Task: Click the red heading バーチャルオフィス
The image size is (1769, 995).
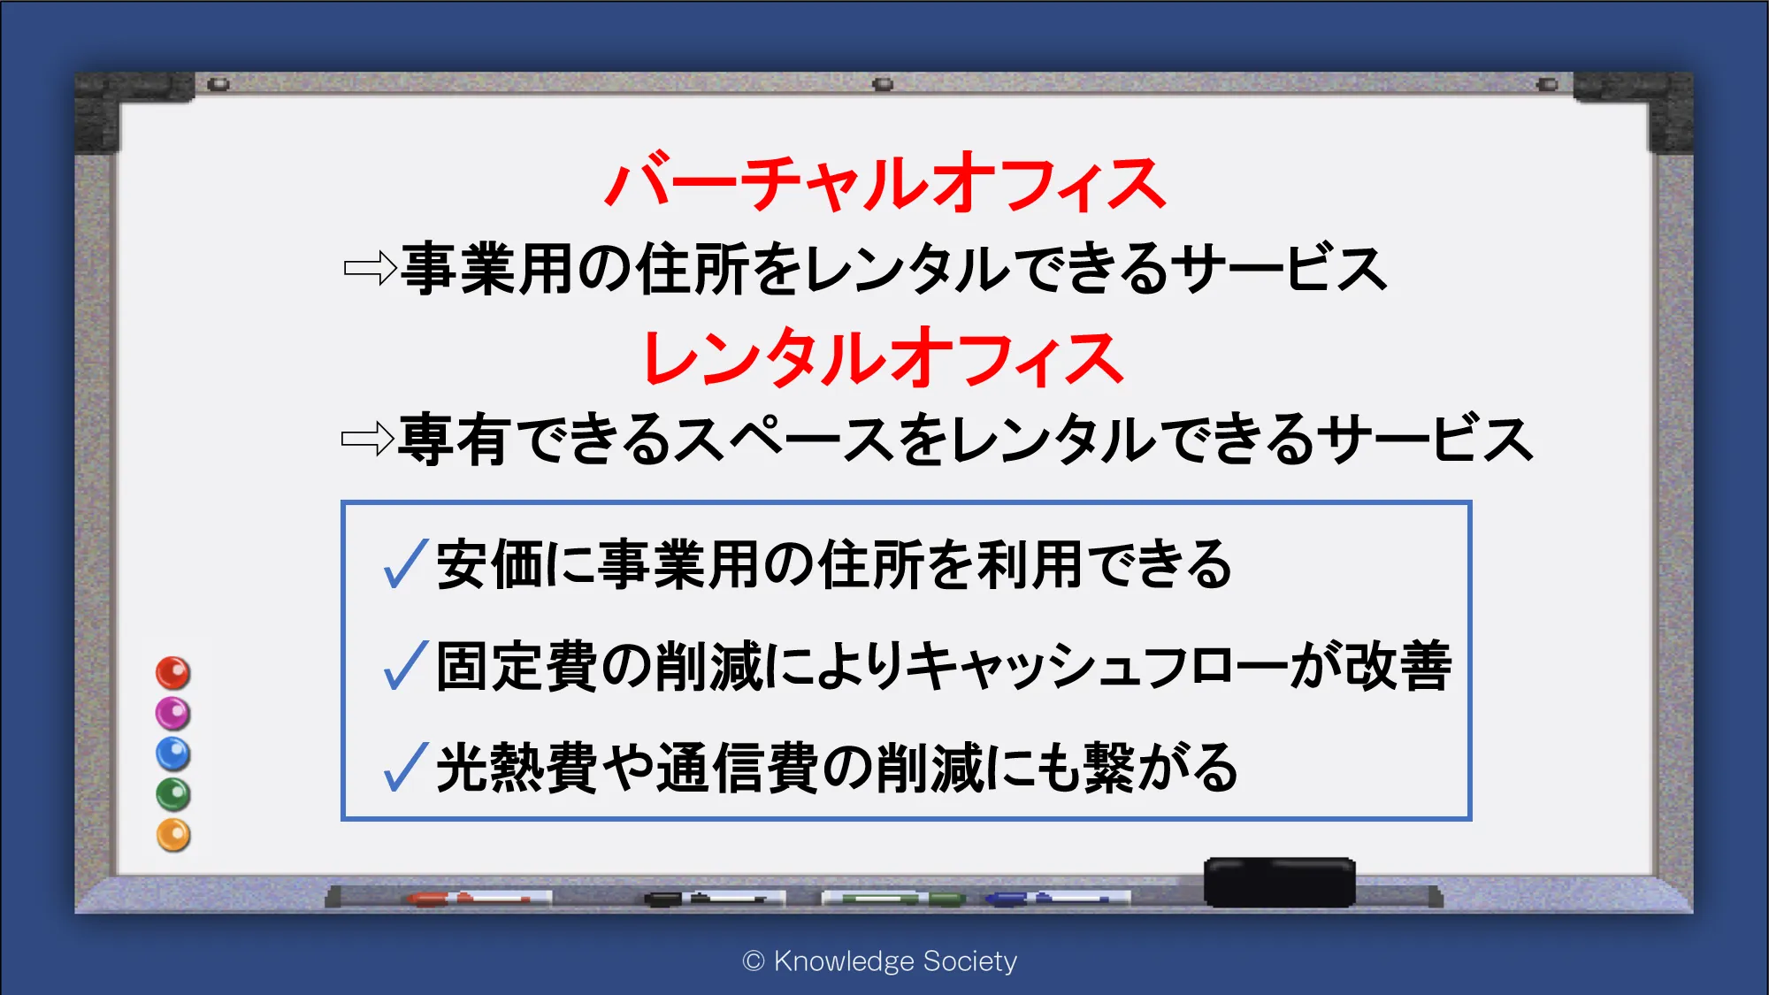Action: pos(885,183)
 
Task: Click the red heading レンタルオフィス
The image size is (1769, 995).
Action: pos(884,357)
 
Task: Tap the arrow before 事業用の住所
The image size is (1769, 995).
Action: pos(371,268)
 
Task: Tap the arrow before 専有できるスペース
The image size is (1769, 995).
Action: pos(368,438)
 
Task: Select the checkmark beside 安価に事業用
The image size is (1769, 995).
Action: pos(407,564)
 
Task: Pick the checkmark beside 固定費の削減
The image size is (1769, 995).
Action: pos(407,665)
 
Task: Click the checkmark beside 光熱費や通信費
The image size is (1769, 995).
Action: pos(407,767)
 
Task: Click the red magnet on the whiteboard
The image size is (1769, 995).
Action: pos(172,673)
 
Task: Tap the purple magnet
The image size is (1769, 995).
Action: pos(172,714)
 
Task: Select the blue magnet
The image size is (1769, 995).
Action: pos(172,754)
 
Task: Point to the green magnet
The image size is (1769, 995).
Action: pos(172,794)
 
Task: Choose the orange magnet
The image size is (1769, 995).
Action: pos(173,835)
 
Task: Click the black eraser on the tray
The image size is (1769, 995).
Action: pos(1279,882)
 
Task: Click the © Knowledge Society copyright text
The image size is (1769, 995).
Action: pos(880,961)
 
